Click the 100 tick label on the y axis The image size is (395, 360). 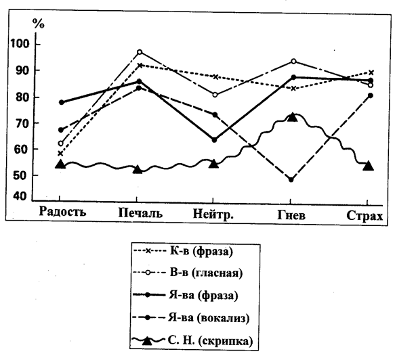pyautogui.click(x=19, y=44)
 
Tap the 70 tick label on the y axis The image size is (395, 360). pyautogui.click(x=23, y=123)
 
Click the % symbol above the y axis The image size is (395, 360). pyautogui.click(x=39, y=24)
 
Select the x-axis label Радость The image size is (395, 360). pyautogui.click(x=62, y=212)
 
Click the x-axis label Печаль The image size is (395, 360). pyautogui.click(x=140, y=213)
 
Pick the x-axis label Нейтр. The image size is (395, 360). pyautogui.click(x=213, y=215)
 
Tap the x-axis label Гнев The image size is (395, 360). pyautogui.click(x=291, y=215)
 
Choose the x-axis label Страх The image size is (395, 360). pyautogui.click(x=365, y=216)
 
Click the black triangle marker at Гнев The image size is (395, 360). pyautogui.click(x=293, y=117)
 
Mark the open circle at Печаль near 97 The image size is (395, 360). pyautogui.click(x=140, y=52)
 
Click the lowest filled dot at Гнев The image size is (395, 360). pyautogui.click(x=291, y=179)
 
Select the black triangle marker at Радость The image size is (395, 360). pyautogui.click(x=60, y=164)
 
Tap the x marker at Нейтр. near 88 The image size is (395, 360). pyautogui.click(x=215, y=76)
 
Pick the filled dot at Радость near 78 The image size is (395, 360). pyautogui.click(x=62, y=102)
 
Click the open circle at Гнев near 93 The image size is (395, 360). pyautogui.click(x=293, y=62)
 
